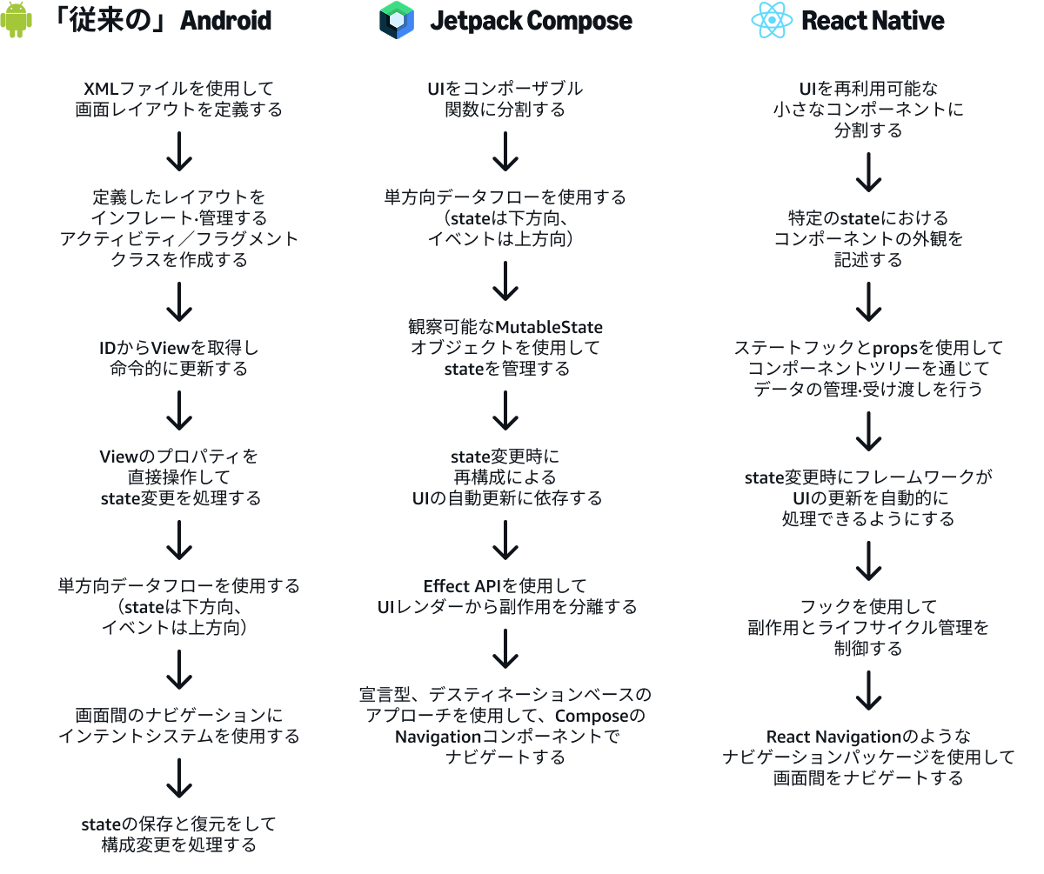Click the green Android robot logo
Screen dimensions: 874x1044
tap(17, 20)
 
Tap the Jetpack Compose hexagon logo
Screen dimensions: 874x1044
tap(397, 20)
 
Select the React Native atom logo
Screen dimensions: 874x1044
tap(773, 20)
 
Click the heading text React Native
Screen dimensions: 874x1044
tap(872, 20)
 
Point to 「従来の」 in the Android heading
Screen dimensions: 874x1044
tap(110, 20)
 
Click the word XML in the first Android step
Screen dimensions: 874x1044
tap(102, 89)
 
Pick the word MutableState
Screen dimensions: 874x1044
tap(549, 327)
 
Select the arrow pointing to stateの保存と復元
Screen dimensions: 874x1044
tap(179, 778)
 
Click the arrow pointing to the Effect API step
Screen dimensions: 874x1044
tap(505, 540)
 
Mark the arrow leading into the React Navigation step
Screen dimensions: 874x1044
tap(869, 691)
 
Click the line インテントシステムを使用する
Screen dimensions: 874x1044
tap(179, 737)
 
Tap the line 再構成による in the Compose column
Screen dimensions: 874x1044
tap(505, 477)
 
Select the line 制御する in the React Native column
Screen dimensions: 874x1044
tap(869, 649)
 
